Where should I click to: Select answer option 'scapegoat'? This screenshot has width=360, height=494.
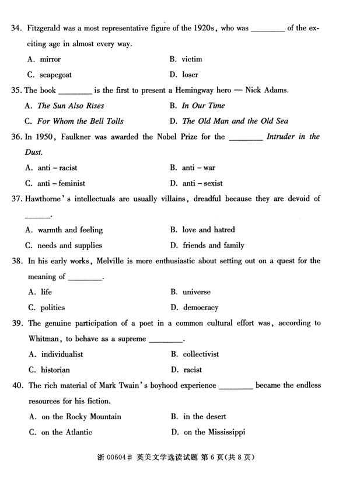point(55,75)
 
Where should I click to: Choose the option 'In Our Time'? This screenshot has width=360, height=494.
point(203,106)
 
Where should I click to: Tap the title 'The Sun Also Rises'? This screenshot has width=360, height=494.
point(71,106)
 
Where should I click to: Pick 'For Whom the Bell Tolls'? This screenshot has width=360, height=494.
point(81,121)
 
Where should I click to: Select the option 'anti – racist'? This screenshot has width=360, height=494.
point(57,168)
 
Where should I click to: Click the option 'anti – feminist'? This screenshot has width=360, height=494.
point(61,183)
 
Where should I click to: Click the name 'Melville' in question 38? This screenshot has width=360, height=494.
point(109,261)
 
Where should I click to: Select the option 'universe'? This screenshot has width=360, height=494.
point(196,292)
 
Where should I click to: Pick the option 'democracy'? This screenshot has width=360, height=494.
point(201,308)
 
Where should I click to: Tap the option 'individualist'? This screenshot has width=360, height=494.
point(62,354)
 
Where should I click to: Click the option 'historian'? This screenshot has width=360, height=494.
point(55,370)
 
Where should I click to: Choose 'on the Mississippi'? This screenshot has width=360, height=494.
point(214,432)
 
